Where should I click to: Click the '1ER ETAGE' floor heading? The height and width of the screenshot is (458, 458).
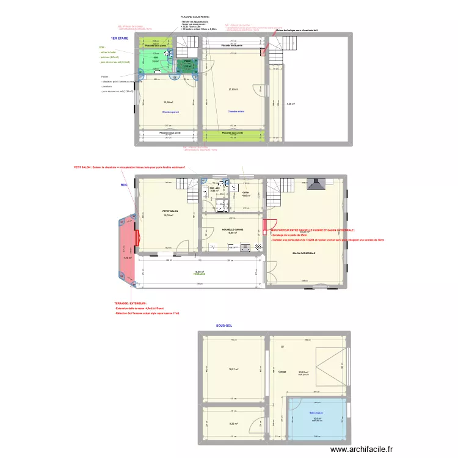[x=119, y=38]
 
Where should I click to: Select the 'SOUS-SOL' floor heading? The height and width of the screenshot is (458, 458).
[x=225, y=325]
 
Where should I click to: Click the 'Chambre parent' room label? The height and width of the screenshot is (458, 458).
[x=170, y=112]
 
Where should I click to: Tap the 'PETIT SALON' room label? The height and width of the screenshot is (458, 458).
[x=169, y=211]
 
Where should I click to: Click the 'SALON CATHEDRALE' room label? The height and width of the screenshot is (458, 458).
[x=304, y=253]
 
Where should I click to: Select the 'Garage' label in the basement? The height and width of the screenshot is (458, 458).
[x=282, y=371]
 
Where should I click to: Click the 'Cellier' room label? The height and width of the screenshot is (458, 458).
[x=245, y=192]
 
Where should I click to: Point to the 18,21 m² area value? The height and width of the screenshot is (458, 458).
[x=233, y=369]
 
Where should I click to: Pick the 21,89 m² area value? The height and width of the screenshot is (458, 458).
[x=232, y=89]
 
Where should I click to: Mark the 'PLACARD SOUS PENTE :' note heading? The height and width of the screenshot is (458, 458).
[x=195, y=17]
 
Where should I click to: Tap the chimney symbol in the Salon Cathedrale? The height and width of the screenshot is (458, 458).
[x=317, y=184]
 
